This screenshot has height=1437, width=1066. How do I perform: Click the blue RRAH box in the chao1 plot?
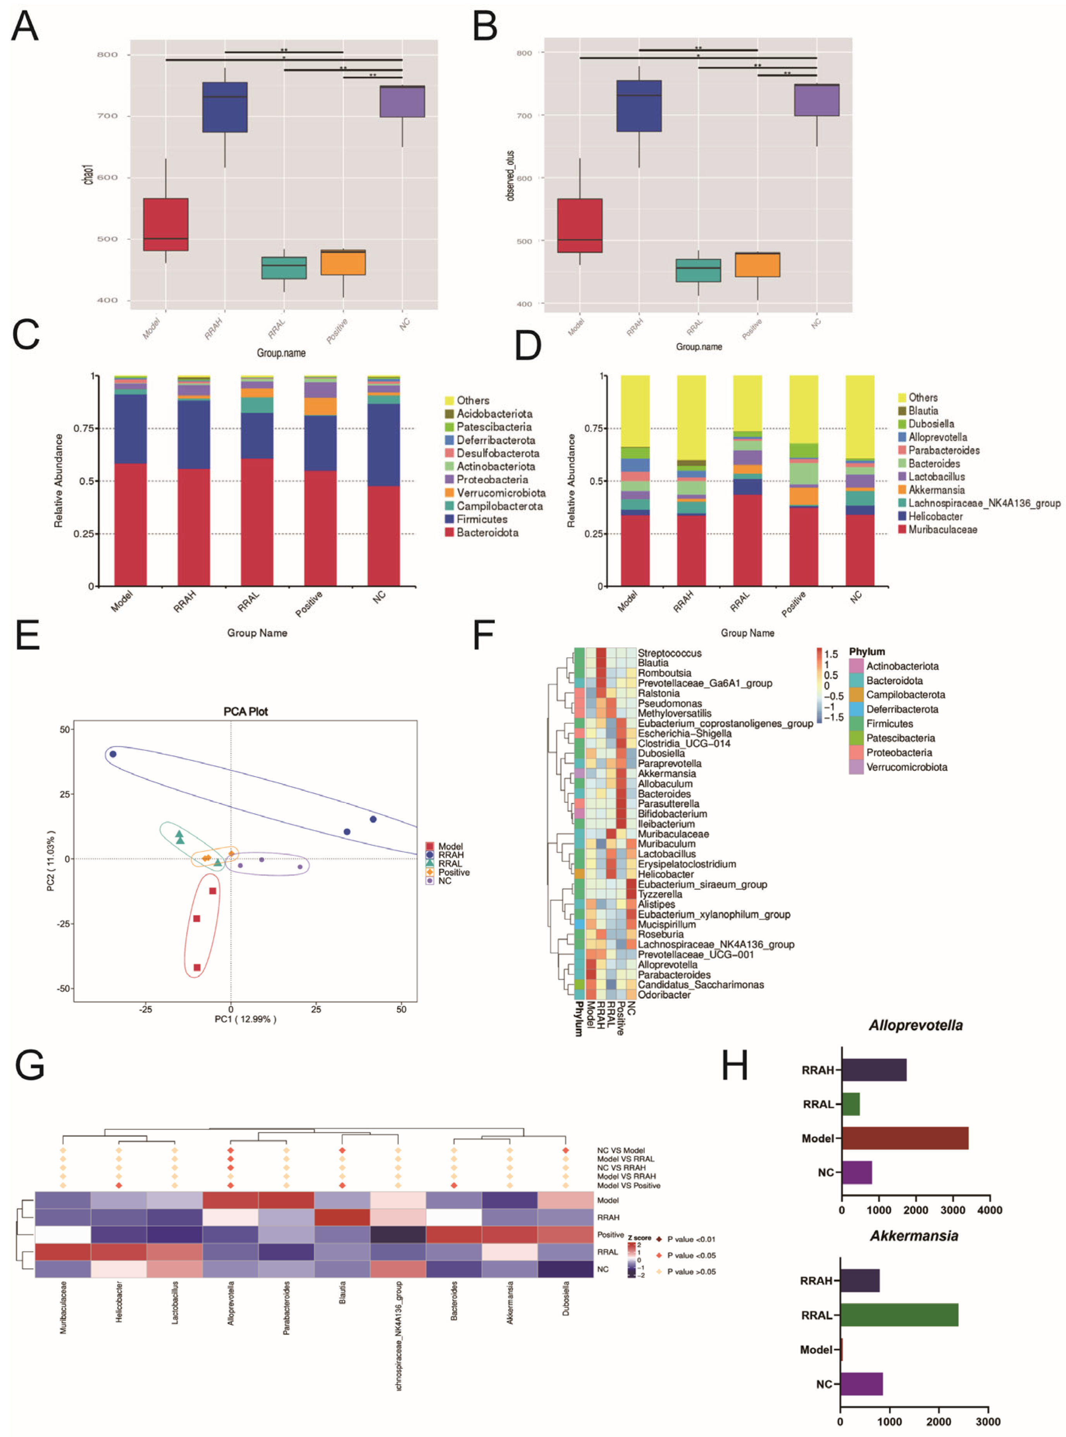(225, 107)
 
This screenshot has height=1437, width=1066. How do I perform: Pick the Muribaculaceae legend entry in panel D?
(942, 529)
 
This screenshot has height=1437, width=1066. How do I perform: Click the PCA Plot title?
(245, 712)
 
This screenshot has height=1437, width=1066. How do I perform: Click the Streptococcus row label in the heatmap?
(669, 653)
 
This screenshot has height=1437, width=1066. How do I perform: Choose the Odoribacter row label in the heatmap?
(664, 995)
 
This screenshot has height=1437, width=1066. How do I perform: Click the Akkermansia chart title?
(914, 1236)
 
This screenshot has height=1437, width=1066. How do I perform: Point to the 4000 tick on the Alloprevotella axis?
(989, 1211)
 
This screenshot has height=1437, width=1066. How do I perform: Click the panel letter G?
(30, 1066)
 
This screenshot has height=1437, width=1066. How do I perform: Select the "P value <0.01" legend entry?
(691, 1239)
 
